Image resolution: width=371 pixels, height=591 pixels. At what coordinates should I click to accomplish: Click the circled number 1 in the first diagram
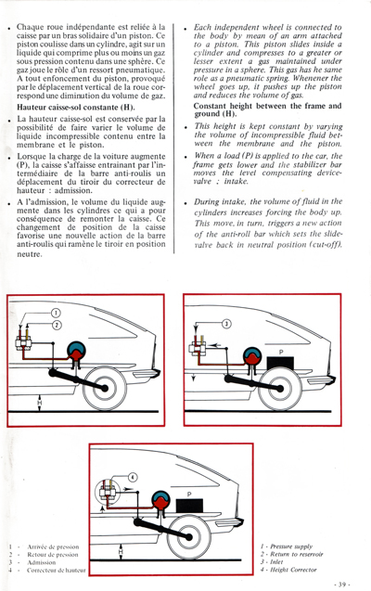click(55, 314)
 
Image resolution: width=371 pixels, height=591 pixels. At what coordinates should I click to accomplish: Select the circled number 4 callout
click(133, 478)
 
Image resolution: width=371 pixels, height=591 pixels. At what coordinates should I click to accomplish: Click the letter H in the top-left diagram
click(38, 401)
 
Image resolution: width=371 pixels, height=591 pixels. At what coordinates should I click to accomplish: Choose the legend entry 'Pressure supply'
click(298, 547)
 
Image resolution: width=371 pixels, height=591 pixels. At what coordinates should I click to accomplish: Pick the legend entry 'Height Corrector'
click(299, 569)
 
